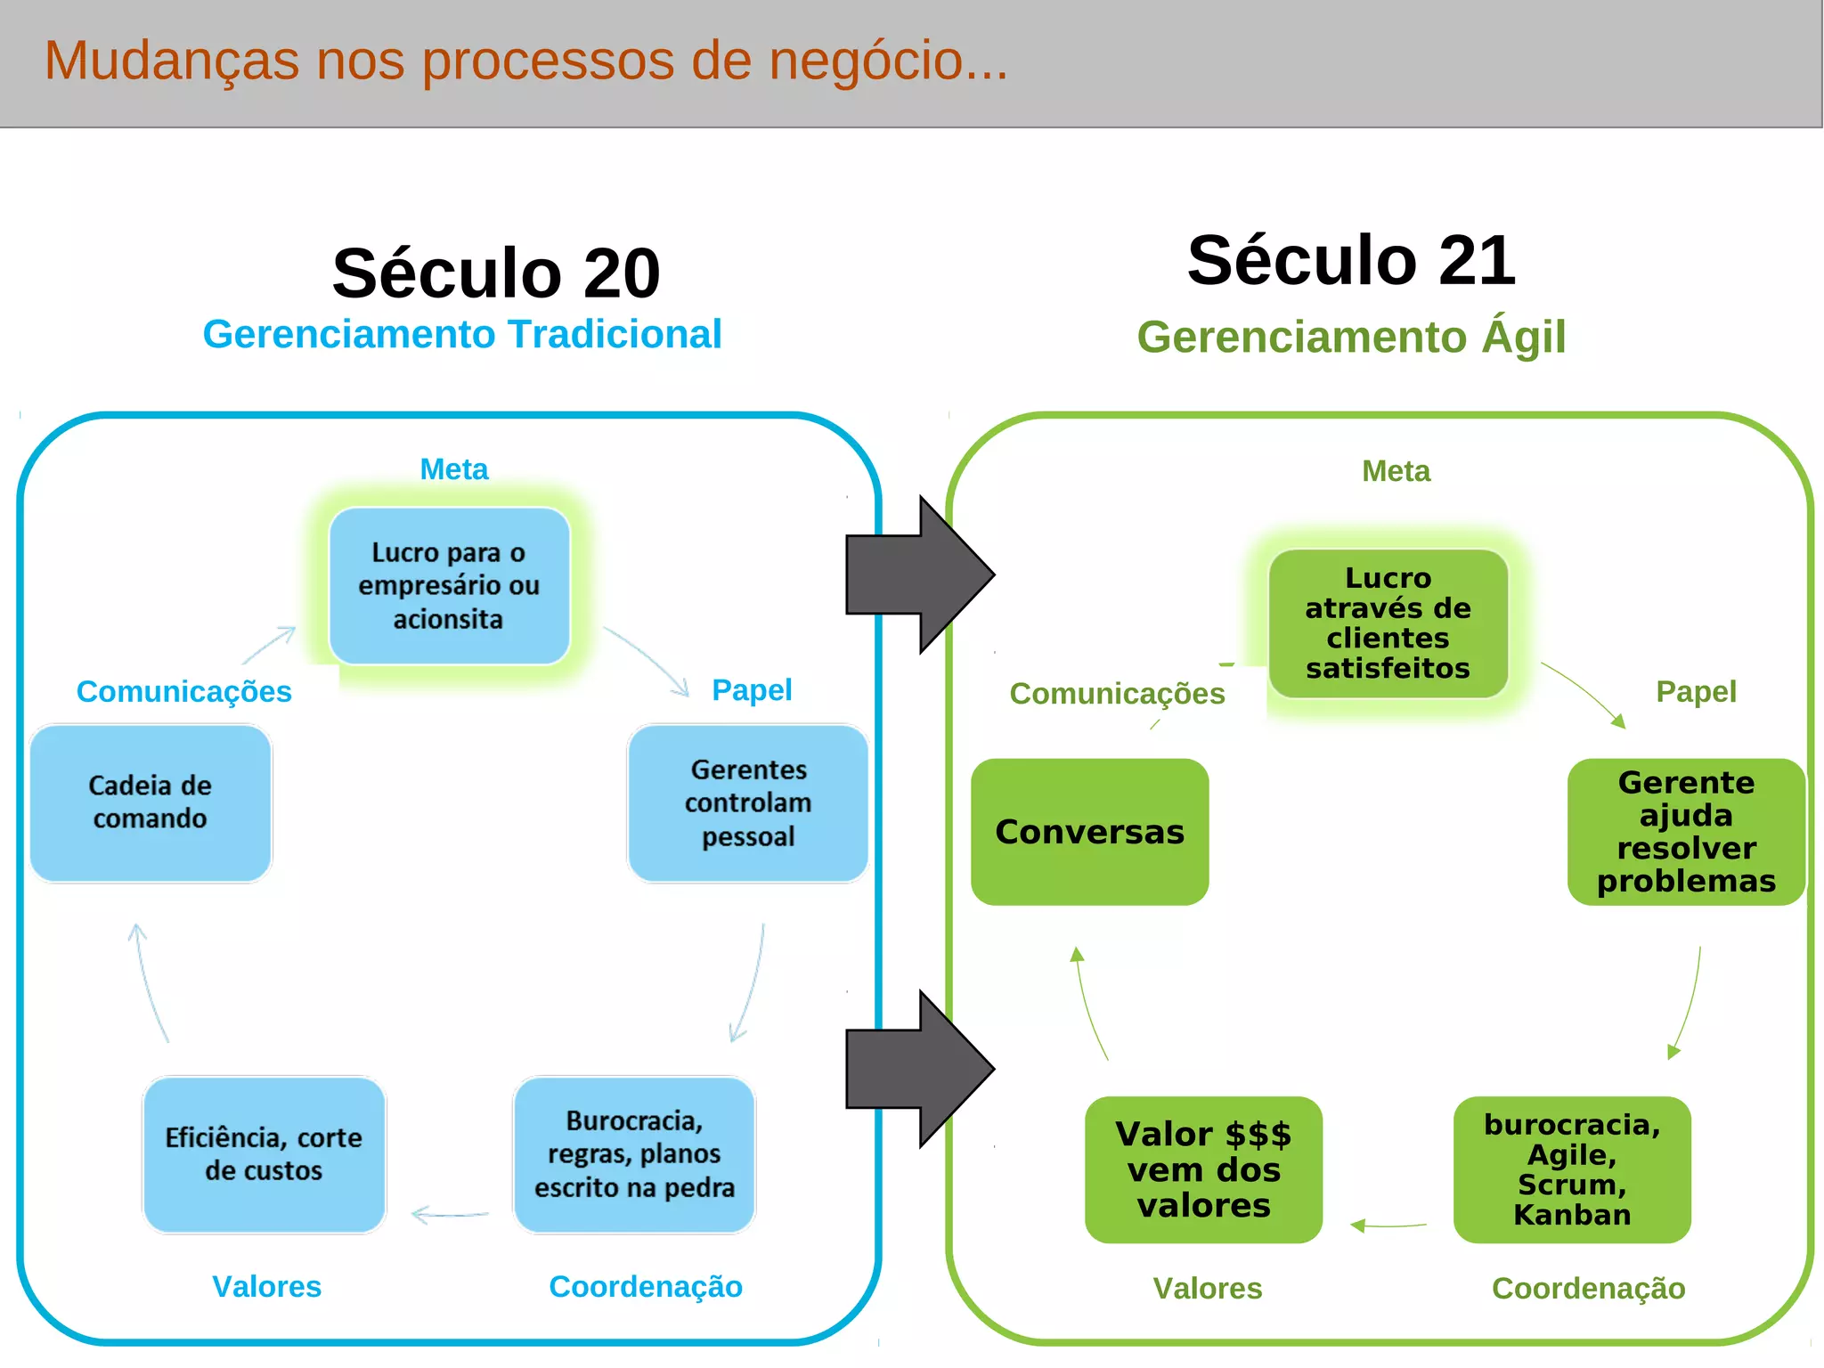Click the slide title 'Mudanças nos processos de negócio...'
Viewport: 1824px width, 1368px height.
pos(525,61)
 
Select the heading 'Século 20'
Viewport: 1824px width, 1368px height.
pos(496,273)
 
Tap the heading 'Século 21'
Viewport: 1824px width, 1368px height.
pos(1351,260)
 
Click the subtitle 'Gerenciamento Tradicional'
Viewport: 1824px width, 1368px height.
pos(461,335)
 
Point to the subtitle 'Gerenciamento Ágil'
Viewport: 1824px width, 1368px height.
pos(1351,338)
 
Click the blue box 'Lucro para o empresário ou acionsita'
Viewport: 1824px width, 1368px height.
pos(449,585)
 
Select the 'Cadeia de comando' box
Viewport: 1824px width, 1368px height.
pos(151,802)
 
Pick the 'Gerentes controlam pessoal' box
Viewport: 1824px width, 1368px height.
pos(748,802)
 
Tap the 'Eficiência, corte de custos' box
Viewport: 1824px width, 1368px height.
pos(264,1154)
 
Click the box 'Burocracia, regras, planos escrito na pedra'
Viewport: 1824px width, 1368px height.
pos(634,1154)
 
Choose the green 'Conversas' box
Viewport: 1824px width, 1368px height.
pos(1089,832)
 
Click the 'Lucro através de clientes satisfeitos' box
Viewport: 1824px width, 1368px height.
pos(1388,623)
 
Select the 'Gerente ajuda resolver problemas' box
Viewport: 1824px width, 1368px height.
pos(1686,832)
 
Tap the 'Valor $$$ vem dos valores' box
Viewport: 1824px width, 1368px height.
pos(1203,1169)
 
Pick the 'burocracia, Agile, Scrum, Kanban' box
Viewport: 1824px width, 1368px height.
pos(1572,1169)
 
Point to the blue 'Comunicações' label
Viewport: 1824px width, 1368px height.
pos(184,692)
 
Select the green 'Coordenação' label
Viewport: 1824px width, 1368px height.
pos(1588,1289)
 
